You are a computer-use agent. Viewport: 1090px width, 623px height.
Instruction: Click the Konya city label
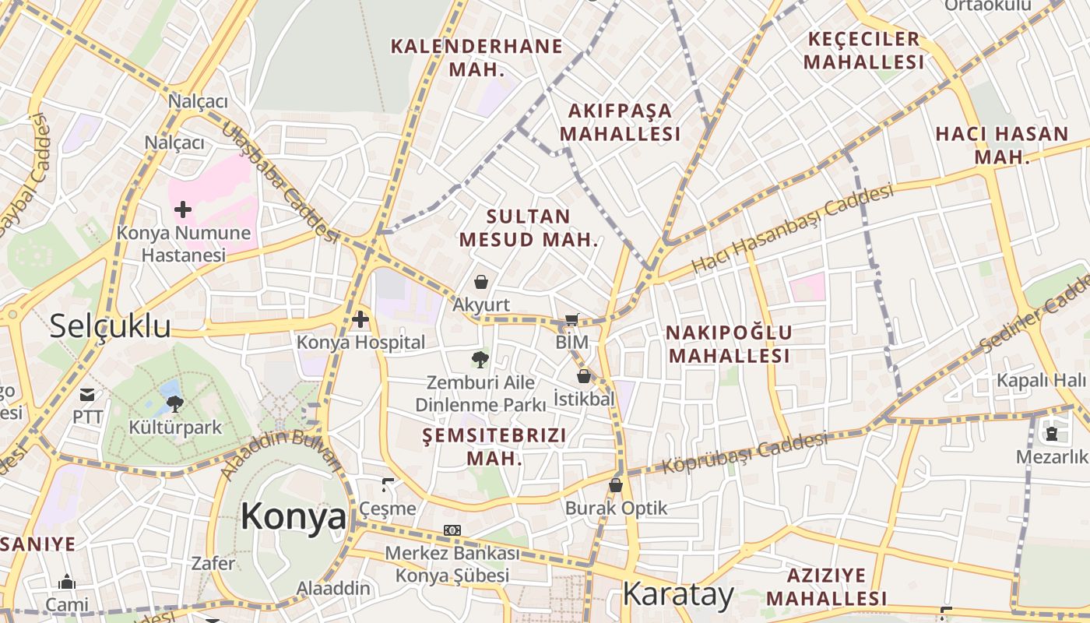(294, 516)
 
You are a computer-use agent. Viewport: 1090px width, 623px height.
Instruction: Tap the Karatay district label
(678, 595)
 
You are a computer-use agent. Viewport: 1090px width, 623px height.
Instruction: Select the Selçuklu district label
(110, 326)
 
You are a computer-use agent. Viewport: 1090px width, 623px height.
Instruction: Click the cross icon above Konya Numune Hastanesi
(183, 209)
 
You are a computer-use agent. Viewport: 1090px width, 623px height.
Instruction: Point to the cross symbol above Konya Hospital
(360, 319)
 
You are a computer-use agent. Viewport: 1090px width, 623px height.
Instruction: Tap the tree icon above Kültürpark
(175, 403)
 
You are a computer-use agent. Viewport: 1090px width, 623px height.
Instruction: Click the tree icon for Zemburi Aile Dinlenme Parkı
(480, 359)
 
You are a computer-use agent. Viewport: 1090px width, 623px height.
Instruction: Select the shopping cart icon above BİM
(572, 319)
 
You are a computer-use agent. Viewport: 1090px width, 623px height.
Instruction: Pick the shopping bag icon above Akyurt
(481, 281)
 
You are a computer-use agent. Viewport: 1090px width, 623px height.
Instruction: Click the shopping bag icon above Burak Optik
(616, 485)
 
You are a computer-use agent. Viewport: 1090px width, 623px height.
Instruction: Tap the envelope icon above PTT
(87, 395)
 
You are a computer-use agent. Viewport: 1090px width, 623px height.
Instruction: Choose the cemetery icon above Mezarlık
(1052, 434)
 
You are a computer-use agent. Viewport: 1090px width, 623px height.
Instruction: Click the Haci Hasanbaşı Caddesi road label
(793, 228)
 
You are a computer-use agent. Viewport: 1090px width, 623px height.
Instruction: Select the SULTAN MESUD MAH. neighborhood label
(529, 227)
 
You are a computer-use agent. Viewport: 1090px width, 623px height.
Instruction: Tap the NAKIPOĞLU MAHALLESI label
(729, 344)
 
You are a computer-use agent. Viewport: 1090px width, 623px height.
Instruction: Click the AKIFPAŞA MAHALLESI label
(620, 122)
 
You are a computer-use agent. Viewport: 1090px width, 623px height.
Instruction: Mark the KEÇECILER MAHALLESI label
(863, 51)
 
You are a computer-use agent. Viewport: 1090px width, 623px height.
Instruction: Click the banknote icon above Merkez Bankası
(452, 530)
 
